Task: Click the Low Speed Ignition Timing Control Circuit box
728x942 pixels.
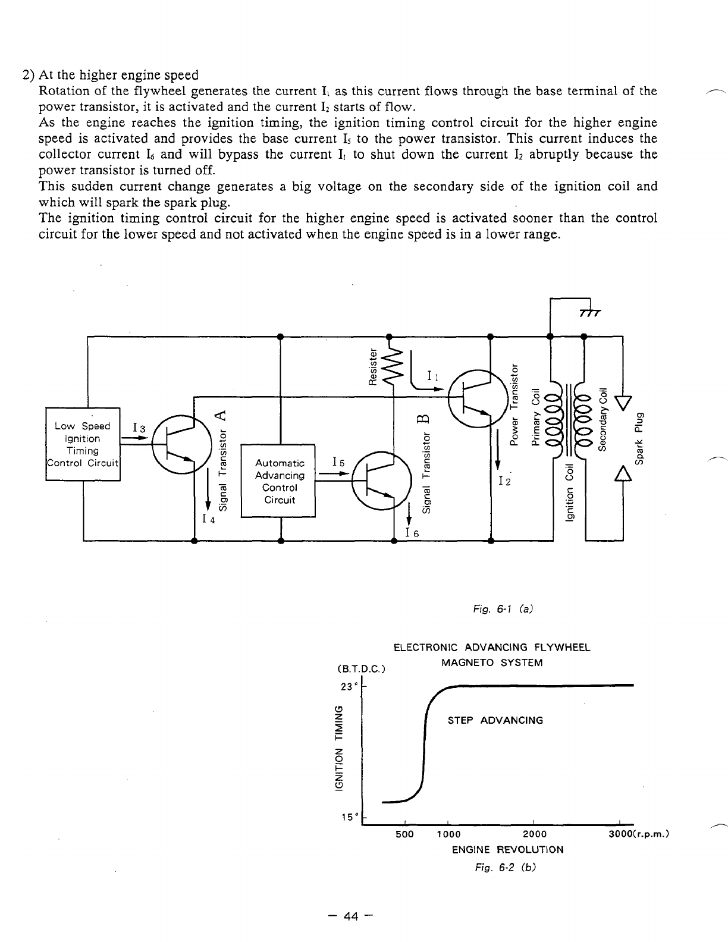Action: (x=83, y=444)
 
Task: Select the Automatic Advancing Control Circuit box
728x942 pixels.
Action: (x=279, y=481)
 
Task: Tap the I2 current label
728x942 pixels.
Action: (x=505, y=480)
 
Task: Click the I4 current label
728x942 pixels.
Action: (x=208, y=519)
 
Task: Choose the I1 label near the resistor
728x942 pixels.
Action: (x=433, y=376)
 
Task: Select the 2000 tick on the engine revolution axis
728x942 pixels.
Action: (x=534, y=834)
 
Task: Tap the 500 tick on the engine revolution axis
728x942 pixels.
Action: (x=404, y=834)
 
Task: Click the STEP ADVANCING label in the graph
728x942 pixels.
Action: (x=495, y=721)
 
